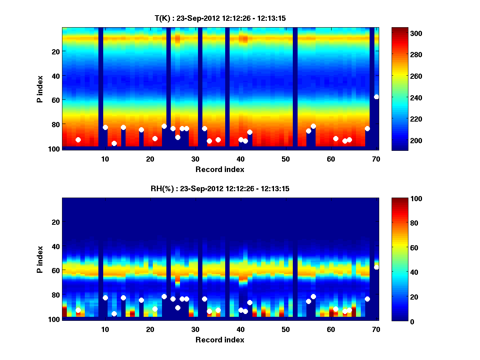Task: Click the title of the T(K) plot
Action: coord(220,18)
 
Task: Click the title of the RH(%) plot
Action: coord(220,189)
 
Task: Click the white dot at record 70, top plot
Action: coord(376,97)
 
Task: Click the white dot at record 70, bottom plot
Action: coord(376,267)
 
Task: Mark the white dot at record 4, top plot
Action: coord(78,140)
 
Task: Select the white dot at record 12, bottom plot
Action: coord(114,314)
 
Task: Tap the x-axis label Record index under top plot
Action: coord(220,169)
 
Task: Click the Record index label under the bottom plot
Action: coord(220,340)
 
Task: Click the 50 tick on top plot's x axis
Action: coord(286,159)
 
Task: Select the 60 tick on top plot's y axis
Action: coord(55,99)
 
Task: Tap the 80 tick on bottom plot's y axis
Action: coord(55,295)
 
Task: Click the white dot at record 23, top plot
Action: coord(164,126)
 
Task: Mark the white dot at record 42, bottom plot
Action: coord(250,302)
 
